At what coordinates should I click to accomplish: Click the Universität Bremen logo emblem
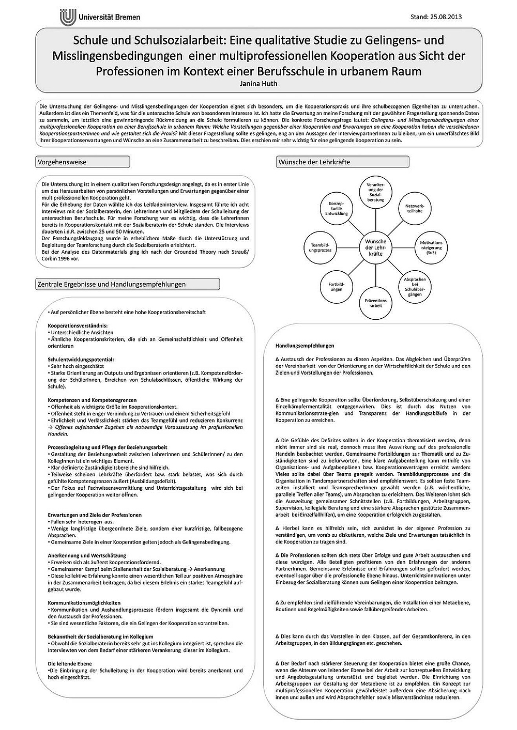[68, 16]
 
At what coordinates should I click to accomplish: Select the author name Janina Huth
[258, 83]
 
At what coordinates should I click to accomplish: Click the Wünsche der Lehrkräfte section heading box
[343, 162]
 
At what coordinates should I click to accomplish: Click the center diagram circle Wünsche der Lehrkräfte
[376, 248]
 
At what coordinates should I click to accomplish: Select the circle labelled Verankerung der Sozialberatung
[376, 192]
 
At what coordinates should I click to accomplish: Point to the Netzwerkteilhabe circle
[415, 208]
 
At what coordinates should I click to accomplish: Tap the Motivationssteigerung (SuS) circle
[431, 248]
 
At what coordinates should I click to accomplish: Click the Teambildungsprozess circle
[321, 247]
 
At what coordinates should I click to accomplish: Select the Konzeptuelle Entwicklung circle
[337, 209]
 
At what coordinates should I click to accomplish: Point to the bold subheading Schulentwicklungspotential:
[81, 359]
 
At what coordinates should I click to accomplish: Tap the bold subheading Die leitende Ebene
[70, 663]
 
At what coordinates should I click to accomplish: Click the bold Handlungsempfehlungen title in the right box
[305, 346]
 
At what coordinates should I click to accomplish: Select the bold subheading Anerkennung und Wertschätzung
[87, 555]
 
